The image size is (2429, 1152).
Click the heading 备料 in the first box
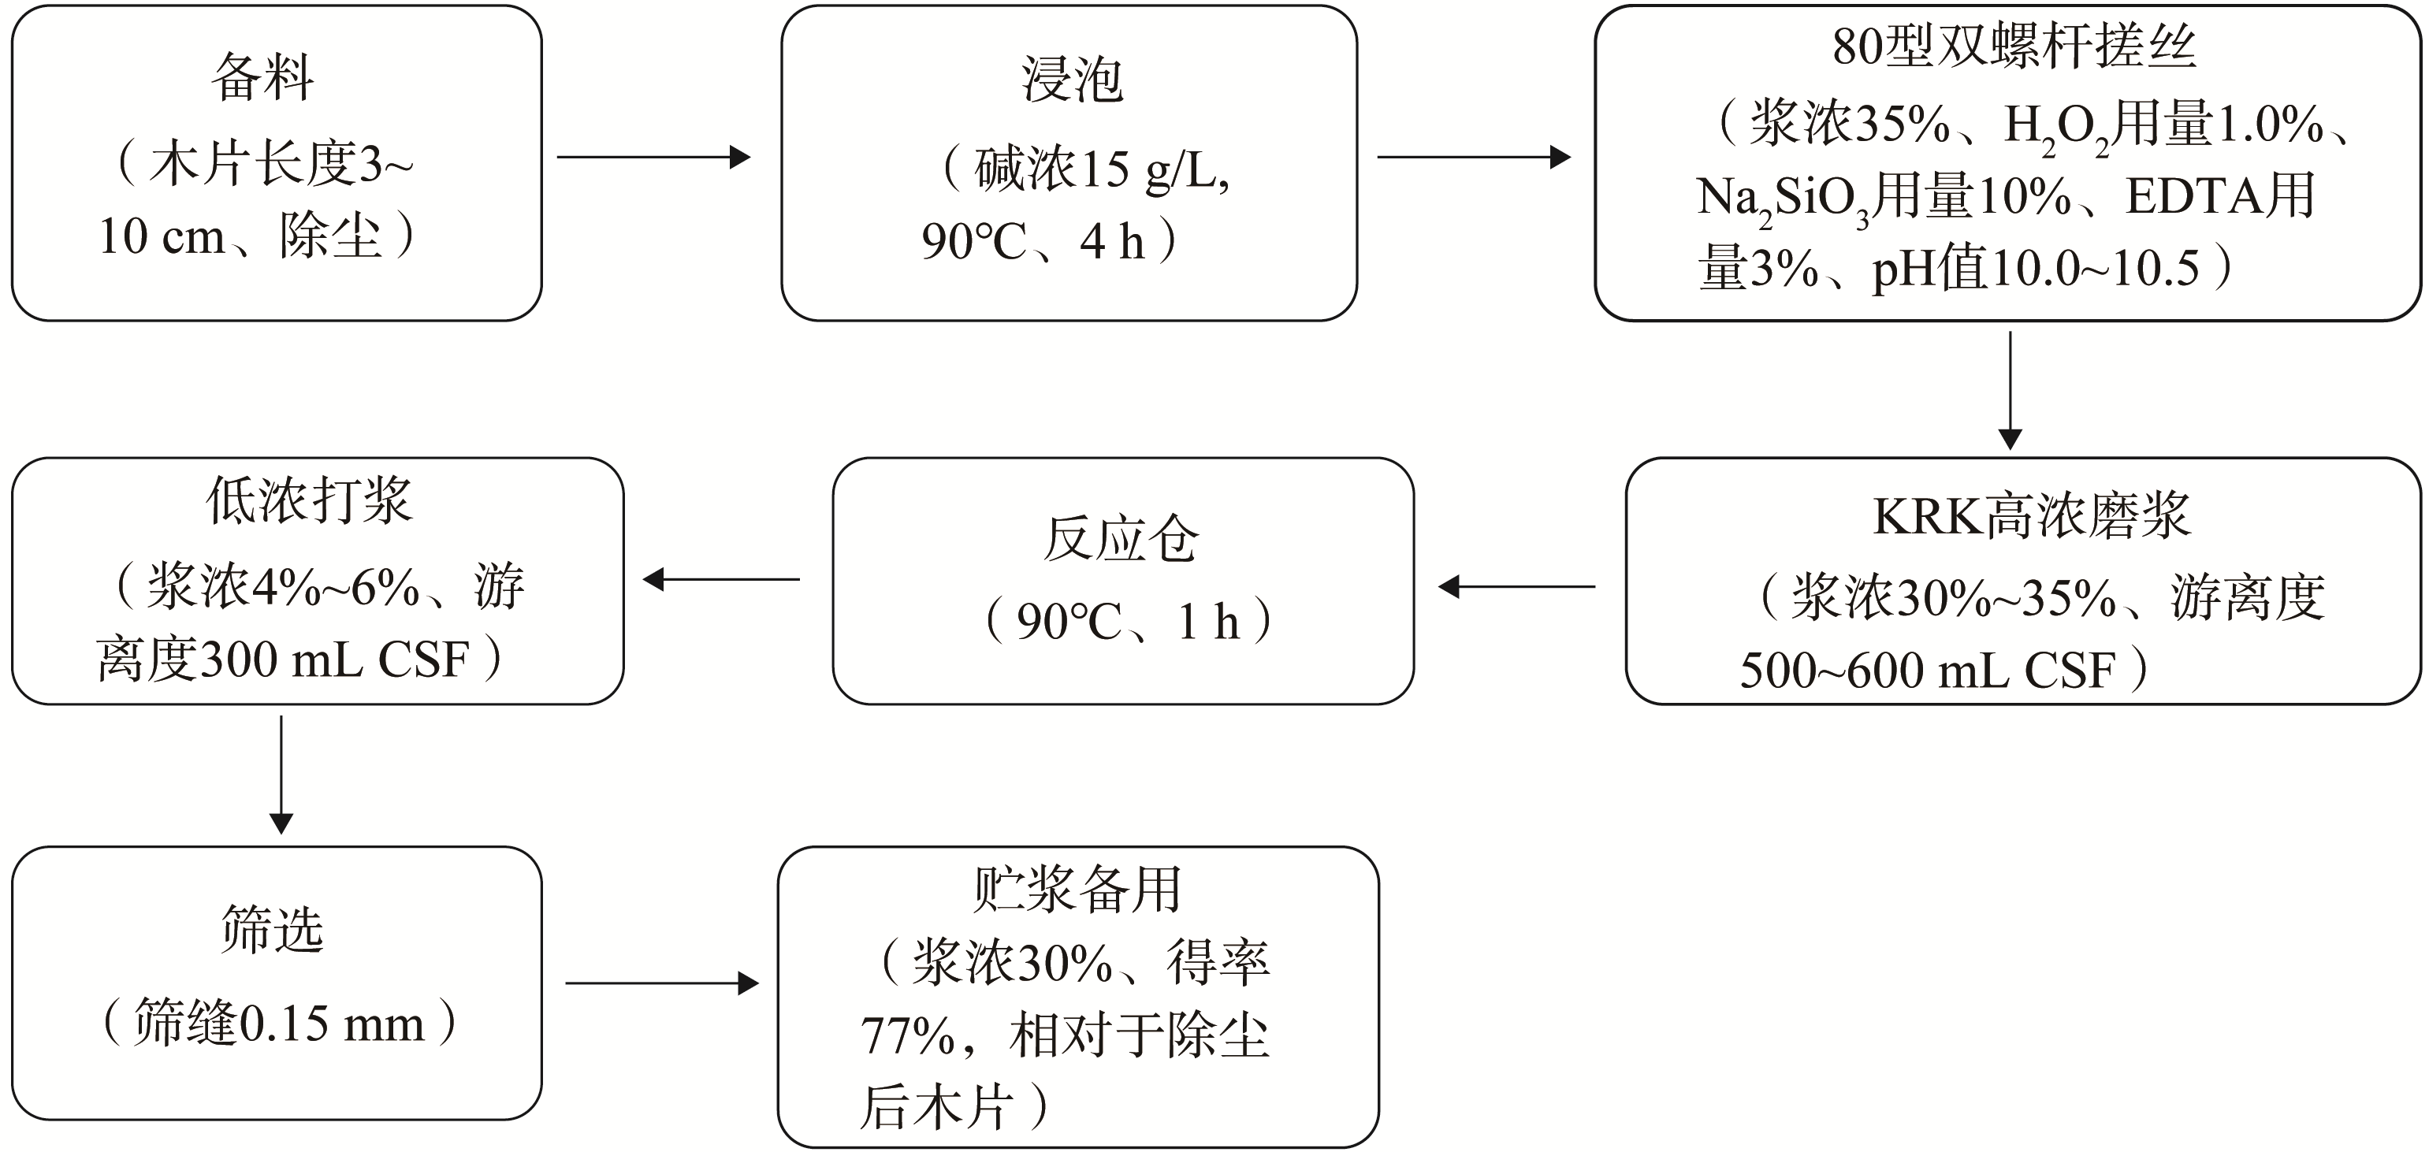(262, 76)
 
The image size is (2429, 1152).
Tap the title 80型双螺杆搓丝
(2014, 46)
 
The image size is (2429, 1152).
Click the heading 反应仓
(1122, 539)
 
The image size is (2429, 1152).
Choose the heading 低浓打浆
(309, 500)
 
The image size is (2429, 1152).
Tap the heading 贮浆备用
(1077, 889)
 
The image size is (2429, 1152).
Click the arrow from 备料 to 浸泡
(653, 157)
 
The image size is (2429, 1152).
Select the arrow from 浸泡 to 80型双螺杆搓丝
(1474, 157)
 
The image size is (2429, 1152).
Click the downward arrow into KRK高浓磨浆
(2011, 390)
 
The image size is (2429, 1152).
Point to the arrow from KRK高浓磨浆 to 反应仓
(1516, 586)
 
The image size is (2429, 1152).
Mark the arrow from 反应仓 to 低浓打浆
(721, 579)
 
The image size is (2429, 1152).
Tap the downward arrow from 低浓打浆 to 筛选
(281, 775)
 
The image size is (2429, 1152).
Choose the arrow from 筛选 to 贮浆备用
(662, 983)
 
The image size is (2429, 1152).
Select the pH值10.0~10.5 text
(2035, 269)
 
